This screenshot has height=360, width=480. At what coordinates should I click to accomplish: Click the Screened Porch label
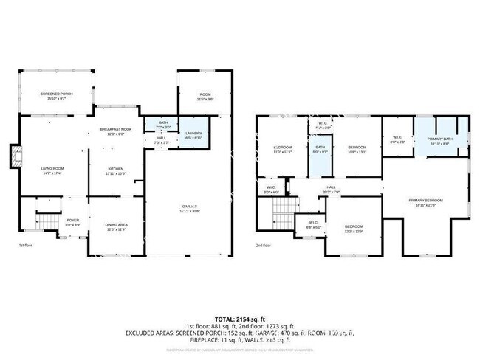55,95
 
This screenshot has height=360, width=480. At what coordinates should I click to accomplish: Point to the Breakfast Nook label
116,131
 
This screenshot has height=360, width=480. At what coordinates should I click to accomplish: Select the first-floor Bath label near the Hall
162,124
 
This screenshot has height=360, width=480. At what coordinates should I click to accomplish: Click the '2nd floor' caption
264,246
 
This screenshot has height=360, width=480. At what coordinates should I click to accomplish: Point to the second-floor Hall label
332,187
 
